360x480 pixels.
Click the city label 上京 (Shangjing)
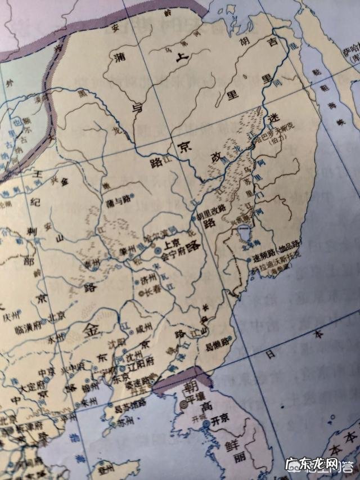click(x=171, y=245)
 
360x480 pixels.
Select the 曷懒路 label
click(x=218, y=342)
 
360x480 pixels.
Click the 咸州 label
click(x=143, y=327)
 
